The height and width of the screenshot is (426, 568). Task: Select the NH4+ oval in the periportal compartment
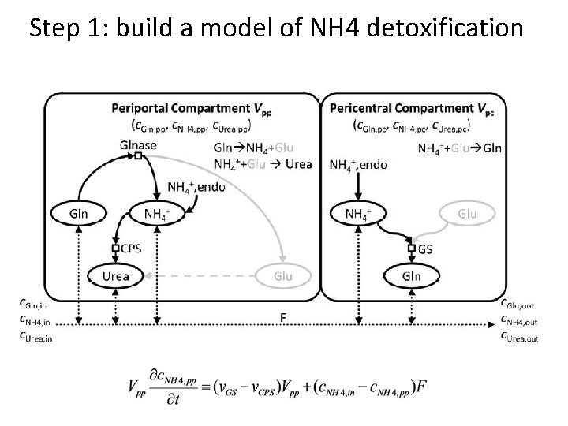point(156,213)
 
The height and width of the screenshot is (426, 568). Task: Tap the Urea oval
point(115,275)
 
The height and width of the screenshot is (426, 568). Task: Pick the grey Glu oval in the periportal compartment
point(283,275)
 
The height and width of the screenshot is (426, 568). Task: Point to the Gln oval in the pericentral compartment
point(411,275)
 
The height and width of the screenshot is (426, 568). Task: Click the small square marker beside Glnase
point(138,156)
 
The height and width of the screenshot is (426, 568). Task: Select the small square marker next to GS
point(411,248)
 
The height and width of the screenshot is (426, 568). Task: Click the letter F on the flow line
point(283,316)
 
